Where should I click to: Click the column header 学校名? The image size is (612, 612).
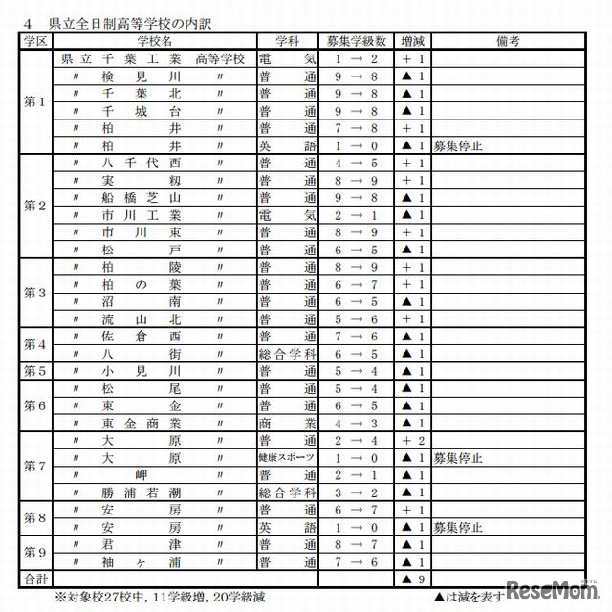(153, 41)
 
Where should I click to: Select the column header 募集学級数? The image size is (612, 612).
(355, 41)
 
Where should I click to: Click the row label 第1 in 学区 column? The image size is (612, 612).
(34, 102)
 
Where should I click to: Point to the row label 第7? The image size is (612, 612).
(34, 466)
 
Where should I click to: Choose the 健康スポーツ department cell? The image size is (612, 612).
(287, 457)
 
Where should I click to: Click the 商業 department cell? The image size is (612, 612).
(287, 423)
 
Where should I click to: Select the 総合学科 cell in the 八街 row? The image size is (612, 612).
(287, 354)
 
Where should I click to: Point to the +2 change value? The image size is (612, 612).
(412, 440)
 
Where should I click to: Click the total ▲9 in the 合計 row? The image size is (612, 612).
(412, 579)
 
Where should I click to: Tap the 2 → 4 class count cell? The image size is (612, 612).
(355, 440)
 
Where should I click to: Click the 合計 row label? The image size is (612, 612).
(34, 579)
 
